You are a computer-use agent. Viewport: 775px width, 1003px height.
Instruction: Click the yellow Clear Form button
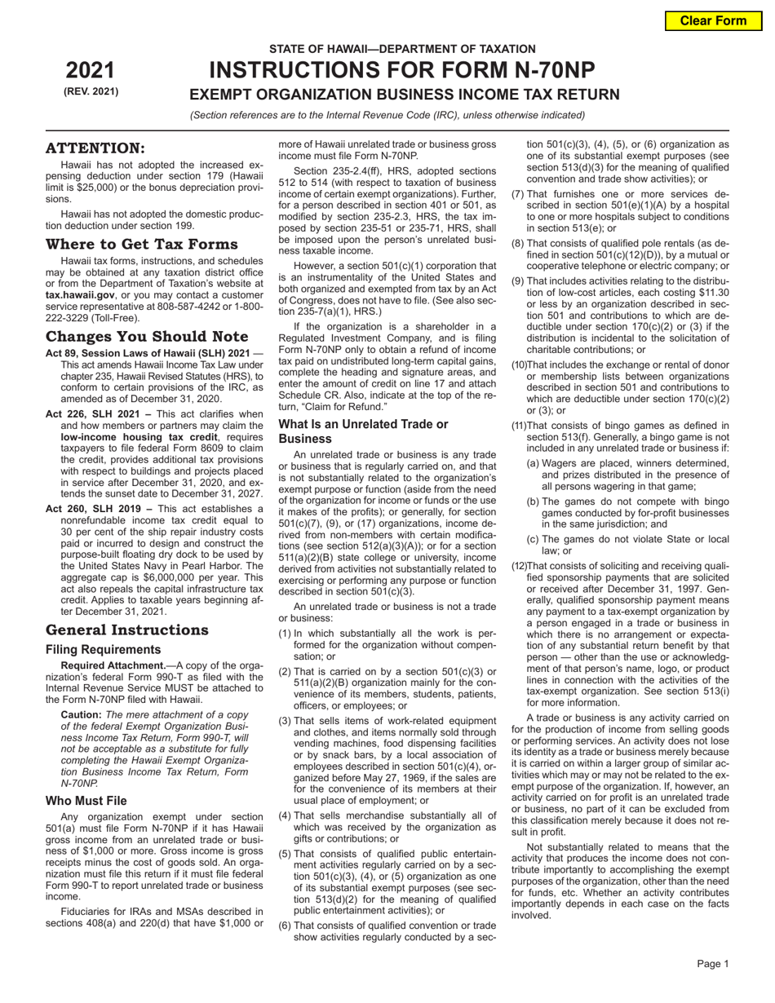[x=714, y=20]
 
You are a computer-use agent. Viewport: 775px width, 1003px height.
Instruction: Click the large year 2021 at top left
[x=91, y=70]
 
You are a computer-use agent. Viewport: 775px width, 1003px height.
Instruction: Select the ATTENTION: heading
[x=95, y=148]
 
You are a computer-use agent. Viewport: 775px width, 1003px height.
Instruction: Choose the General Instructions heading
[x=126, y=630]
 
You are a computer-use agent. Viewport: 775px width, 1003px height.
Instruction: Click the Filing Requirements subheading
[x=103, y=650]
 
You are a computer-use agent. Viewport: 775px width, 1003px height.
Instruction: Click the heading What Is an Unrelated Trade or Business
[x=363, y=431]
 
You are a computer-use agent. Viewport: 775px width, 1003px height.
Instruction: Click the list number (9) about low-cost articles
[x=518, y=281]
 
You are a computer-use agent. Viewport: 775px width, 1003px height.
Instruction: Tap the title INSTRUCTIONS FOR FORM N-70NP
[x=403, y=70]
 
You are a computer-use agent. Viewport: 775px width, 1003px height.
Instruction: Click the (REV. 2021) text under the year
[x=91, y=91]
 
